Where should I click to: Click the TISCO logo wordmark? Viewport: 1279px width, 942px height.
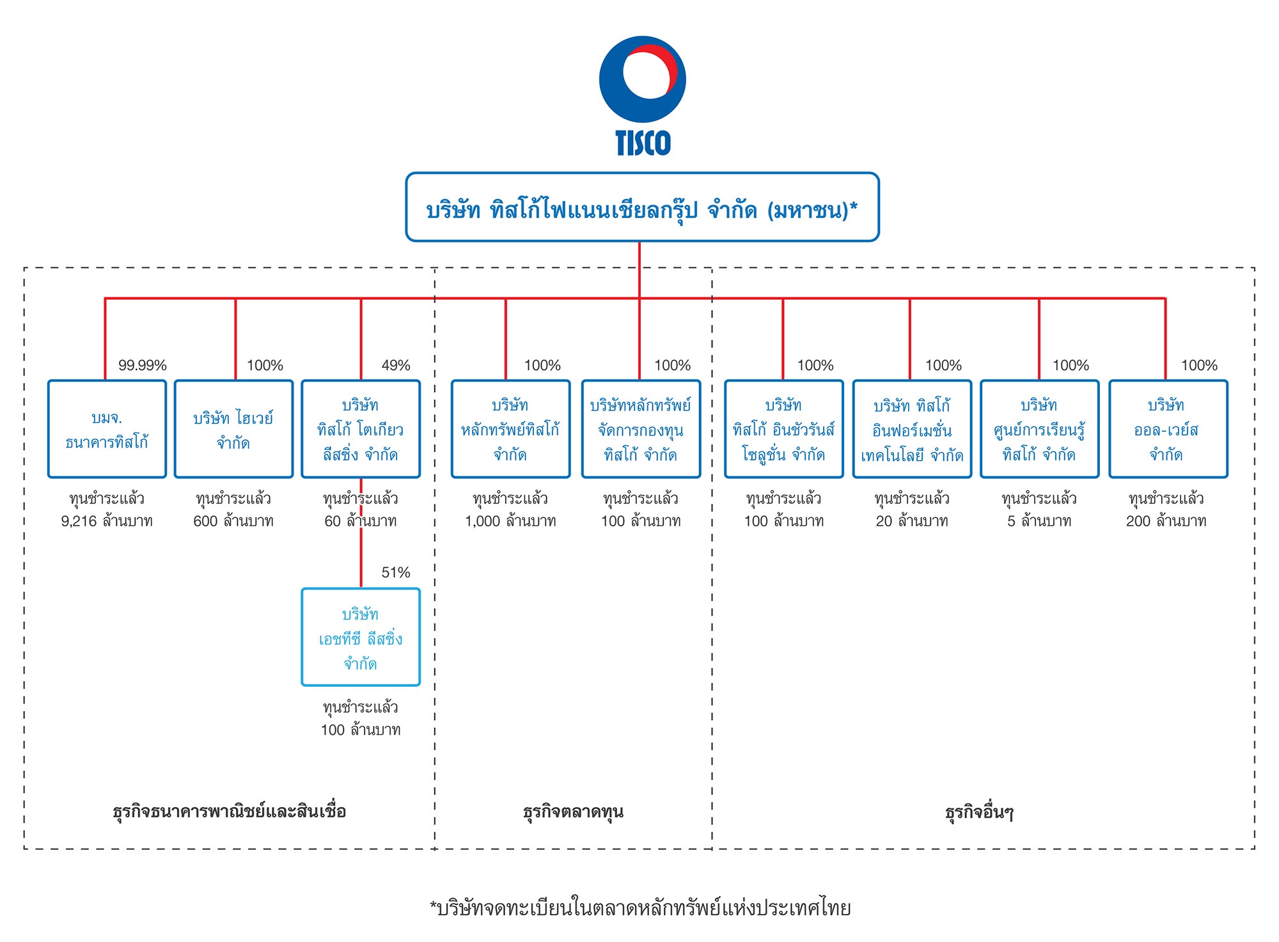tap(643, 143)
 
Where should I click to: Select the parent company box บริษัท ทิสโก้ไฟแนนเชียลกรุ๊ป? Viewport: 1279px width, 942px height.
tap(642, 207)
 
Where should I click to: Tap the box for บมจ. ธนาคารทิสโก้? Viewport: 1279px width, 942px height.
tap(107, 429)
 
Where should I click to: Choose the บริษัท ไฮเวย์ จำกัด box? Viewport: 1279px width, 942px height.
tap(233, 429)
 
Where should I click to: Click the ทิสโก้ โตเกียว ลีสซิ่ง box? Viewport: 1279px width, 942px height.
tap(361, 429)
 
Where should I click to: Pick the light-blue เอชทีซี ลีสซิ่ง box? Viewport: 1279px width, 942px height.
tap(361, 637)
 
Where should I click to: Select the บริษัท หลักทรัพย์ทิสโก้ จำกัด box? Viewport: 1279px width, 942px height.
tap(510, 429)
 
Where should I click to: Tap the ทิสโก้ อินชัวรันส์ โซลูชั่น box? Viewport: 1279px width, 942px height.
tap(783, 429)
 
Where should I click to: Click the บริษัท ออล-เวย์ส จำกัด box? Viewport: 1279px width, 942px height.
tap(1168, 429)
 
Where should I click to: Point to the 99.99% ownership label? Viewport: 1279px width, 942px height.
tap(142, 365)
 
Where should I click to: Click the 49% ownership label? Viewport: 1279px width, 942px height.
tap(396, 365)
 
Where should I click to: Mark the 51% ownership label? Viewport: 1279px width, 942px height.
tap(396, 572)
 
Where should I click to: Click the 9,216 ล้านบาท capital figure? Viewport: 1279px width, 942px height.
tap(107, 521)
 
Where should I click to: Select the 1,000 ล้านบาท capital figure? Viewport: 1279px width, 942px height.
tap(510, 521)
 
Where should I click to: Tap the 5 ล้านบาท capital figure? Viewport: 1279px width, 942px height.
tap(1039, 521)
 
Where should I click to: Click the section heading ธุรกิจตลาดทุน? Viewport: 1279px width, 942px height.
tap(573, 812)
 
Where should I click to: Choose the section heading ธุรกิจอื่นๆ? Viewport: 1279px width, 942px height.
tap(979, 812)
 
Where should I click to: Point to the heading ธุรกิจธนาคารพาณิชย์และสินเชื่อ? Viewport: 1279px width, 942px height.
tap(229, 812)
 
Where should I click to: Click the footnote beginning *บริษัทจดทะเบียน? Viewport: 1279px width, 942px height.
tap(640, 908)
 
